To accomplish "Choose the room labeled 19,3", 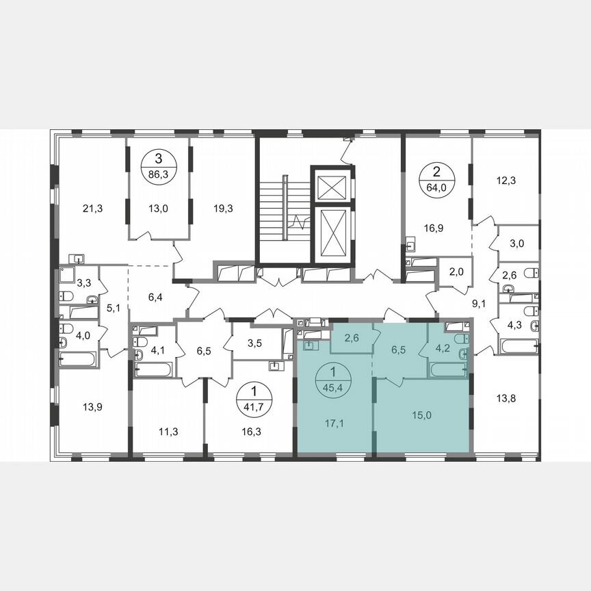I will coord(224,209).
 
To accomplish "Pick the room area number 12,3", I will coord(506,181).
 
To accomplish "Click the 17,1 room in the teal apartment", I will coord(334,422).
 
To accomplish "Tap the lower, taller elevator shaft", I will coord(330,231).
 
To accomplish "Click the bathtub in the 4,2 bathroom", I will coord(447,370).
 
